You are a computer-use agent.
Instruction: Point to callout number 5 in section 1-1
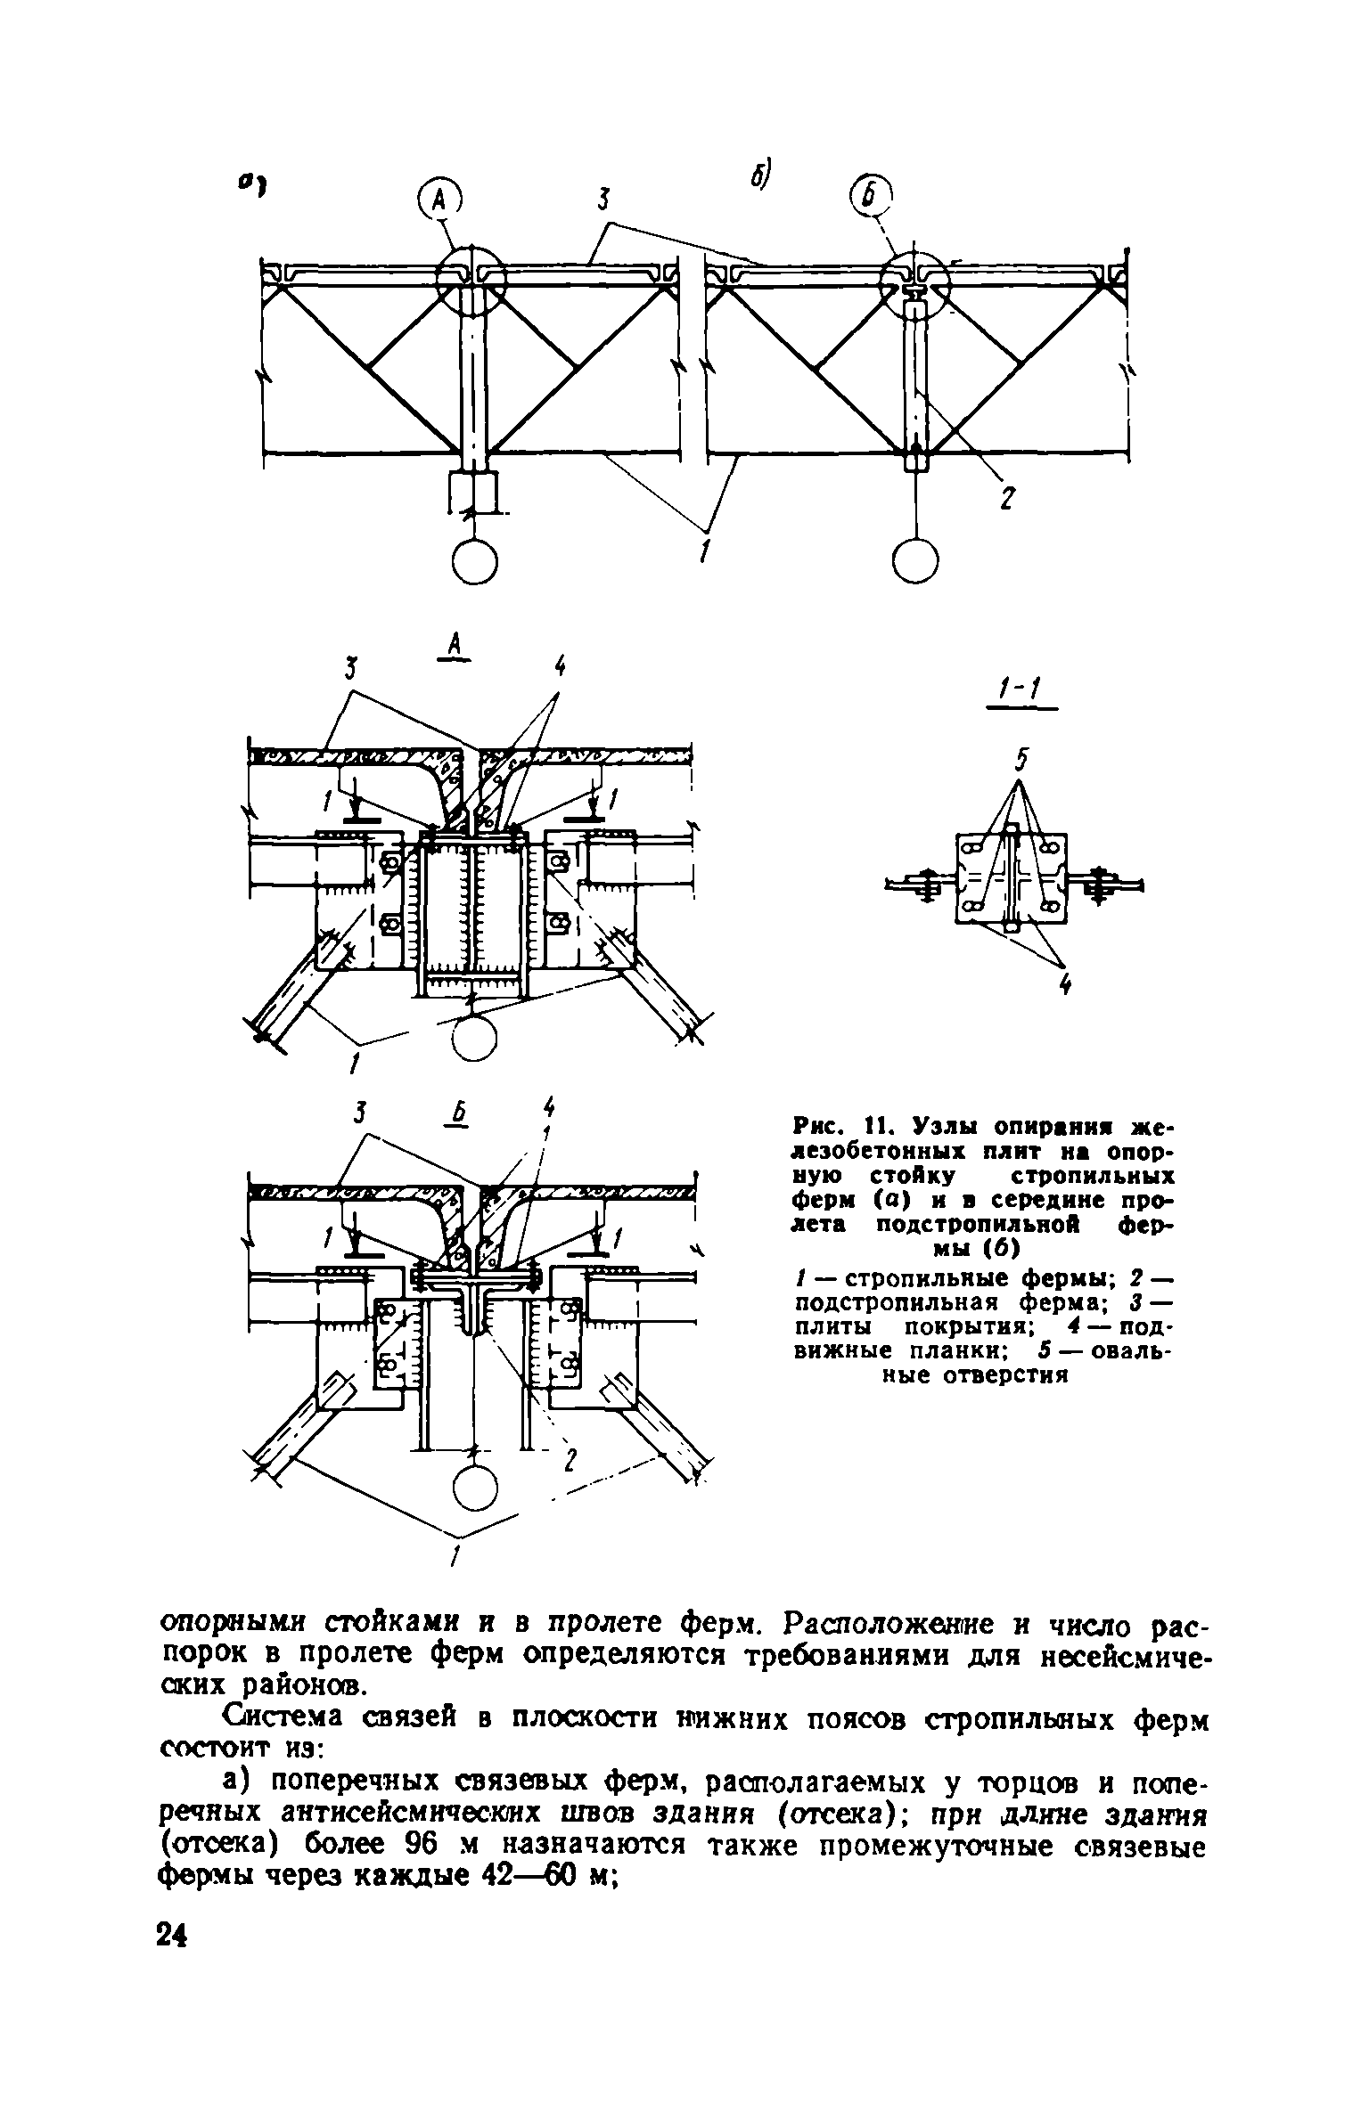(1021, 762)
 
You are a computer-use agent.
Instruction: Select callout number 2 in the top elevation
(1006, 500)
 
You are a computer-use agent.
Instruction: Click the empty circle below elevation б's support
(915, 561)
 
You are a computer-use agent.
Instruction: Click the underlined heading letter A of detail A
(455, 646)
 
